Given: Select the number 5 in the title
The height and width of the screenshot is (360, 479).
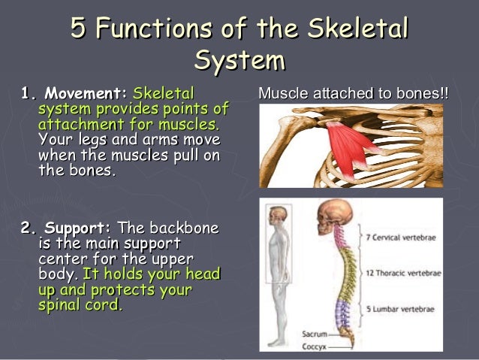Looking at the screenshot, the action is click(78, 30).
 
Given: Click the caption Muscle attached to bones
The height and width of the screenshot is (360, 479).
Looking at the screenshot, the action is click(353, 95).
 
